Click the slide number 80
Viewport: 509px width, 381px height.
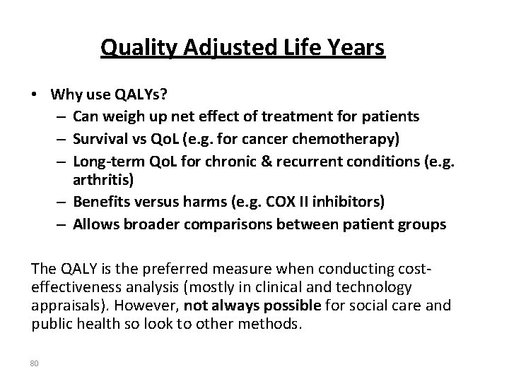(35, 364)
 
